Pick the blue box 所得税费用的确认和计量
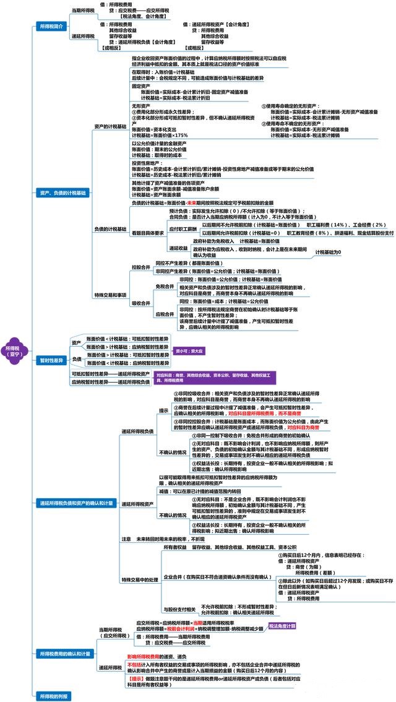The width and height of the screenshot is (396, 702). [x=64, y=653]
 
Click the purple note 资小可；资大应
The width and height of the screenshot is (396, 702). [x=185, y=351]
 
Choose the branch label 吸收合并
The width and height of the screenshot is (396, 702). [x=140, y=303]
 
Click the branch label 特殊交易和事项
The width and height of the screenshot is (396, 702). [x=110, y=295]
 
